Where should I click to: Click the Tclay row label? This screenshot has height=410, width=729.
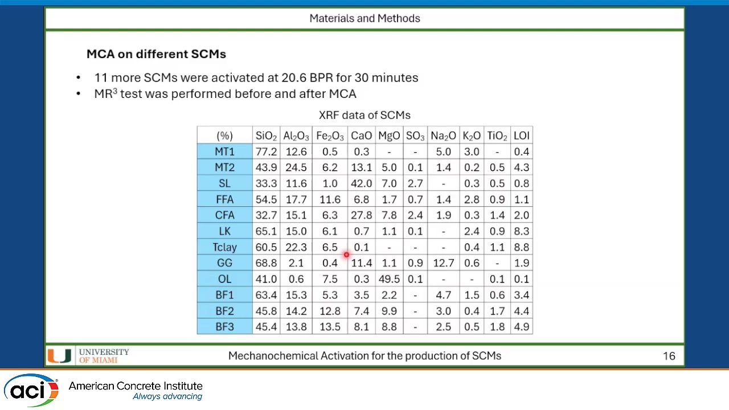(224, 247)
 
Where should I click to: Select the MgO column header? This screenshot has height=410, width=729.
(389, 136)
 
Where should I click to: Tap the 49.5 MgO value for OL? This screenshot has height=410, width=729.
(389, 279)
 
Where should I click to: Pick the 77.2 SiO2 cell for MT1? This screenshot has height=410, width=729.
(266, 151)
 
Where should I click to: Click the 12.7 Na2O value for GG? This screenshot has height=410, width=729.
(443, 263)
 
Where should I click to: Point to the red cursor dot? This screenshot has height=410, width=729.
(346, 255)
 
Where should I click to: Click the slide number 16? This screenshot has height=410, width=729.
(669, 356)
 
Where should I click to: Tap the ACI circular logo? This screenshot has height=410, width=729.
(31, 390)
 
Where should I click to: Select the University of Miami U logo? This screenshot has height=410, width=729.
(59, 356)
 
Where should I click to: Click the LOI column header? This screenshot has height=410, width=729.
(521, 136)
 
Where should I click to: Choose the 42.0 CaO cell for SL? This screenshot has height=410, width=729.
(361, 183)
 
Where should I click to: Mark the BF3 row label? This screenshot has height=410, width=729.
(224, 327)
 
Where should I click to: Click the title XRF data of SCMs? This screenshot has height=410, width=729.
(364, 115)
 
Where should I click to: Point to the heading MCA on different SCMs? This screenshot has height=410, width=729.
(156, 54)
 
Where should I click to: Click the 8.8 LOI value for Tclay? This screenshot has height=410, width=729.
(521, 247)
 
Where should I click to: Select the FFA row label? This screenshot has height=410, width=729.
(224, 199)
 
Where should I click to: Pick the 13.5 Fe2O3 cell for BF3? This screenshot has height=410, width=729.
(330, 327)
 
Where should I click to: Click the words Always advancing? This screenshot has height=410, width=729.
(167, 397)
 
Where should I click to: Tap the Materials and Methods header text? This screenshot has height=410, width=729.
(364, 18)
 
